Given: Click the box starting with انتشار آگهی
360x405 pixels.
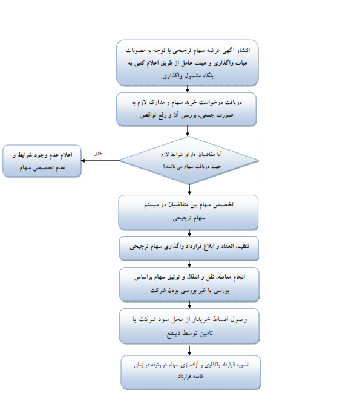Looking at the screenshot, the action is point(187,62).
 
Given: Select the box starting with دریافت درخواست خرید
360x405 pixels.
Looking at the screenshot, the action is point(186,109).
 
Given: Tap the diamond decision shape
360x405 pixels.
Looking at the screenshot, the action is point(189,160).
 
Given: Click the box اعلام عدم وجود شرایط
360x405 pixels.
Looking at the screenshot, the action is point(42,161).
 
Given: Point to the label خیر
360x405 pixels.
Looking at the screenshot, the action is point(98,153).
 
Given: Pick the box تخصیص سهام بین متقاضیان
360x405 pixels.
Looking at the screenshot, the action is point(188,212).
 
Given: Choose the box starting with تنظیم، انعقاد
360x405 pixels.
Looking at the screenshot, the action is point(189,248).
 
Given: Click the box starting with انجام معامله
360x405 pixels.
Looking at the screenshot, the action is point(189,284).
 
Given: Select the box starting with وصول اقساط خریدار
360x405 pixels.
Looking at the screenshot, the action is point(189,326).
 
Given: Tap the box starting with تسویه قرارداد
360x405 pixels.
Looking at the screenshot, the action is point(191,372).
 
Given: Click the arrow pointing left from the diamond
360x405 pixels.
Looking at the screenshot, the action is point(100,161).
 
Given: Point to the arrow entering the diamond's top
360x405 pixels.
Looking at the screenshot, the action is point(188,131).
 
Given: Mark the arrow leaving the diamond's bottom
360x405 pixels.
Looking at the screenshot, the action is point(189,190).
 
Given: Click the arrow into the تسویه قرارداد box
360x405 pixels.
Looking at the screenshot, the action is point(189,350).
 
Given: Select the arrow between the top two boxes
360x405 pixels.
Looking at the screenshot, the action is point(188,89).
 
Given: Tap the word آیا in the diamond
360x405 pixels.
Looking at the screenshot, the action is point(219,155).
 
